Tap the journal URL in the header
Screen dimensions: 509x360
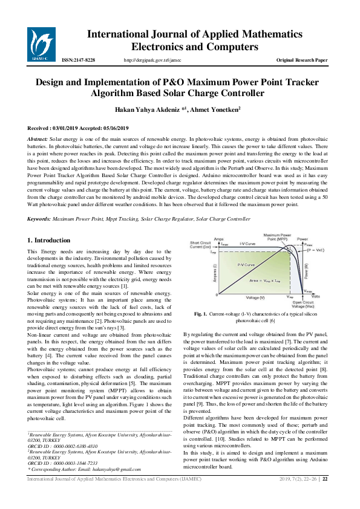[152, 60]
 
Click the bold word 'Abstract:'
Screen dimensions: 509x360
[38, 139]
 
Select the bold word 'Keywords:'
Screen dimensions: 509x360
[39, 218]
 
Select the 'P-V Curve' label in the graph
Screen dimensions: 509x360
[229, 265]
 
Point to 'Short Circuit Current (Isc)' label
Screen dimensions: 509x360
[200, 244]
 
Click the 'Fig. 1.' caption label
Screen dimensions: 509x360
[201, 314]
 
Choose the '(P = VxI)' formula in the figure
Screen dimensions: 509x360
[315, 249]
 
